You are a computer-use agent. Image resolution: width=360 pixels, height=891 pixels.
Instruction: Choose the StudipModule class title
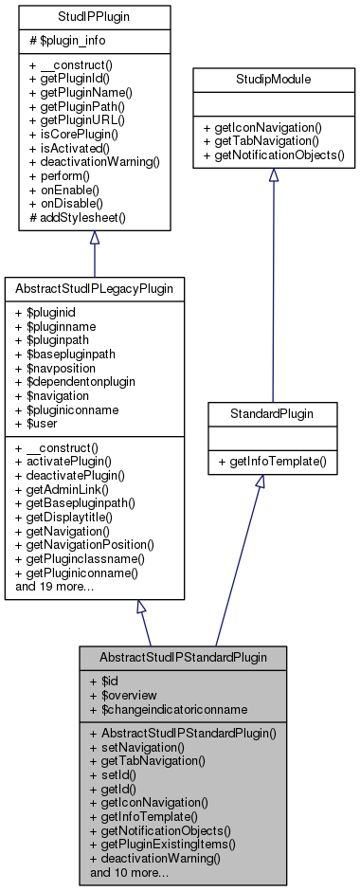click(272, 80)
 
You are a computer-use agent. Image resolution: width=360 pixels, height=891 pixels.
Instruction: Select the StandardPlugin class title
click(272, 414)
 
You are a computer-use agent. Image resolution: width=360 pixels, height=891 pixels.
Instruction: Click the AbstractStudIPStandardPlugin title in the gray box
click(182, 656)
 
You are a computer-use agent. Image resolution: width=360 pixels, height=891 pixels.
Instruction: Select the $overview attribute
click(133, 695)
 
